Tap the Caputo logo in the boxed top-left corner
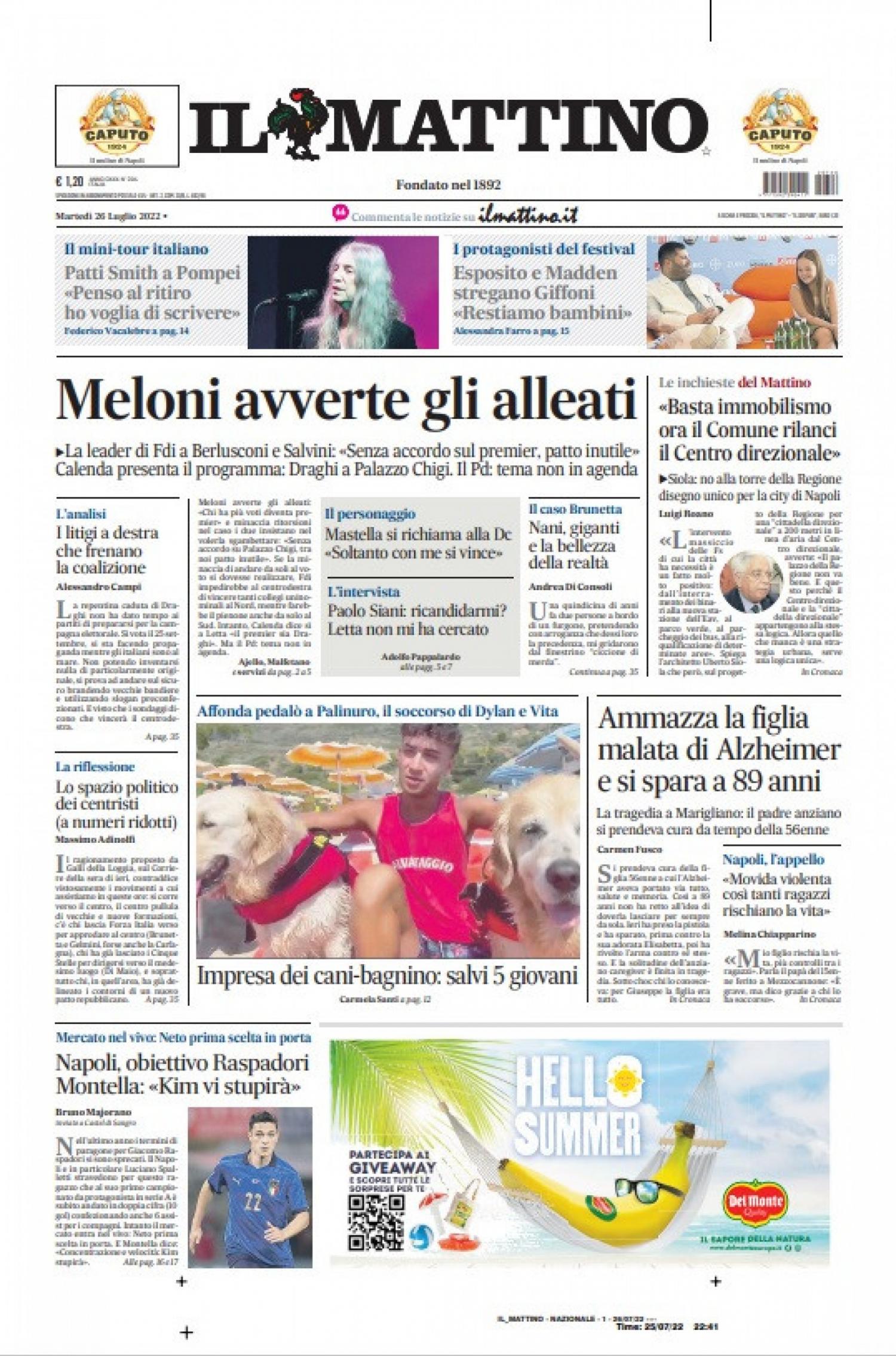[117, 124]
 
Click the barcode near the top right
[800, 183]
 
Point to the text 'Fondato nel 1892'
[448, 185]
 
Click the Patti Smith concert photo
[343, 292]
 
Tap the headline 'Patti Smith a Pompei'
[152, 273]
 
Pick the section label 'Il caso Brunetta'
[575, 509]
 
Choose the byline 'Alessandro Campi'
[99, 587]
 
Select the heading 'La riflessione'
[95, 767]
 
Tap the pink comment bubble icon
[340, 213]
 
